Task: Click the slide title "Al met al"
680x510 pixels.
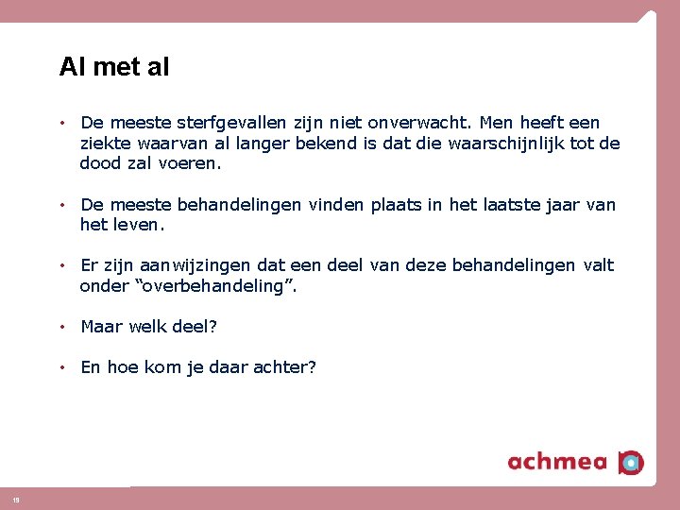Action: (114, 67)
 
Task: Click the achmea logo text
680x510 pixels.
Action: (558, 462)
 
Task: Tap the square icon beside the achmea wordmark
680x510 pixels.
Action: (631, 462)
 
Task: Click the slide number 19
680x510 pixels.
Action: (15, 500)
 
